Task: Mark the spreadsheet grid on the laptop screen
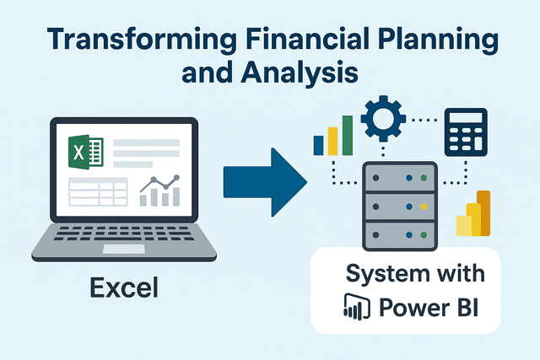pos(97,192)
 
